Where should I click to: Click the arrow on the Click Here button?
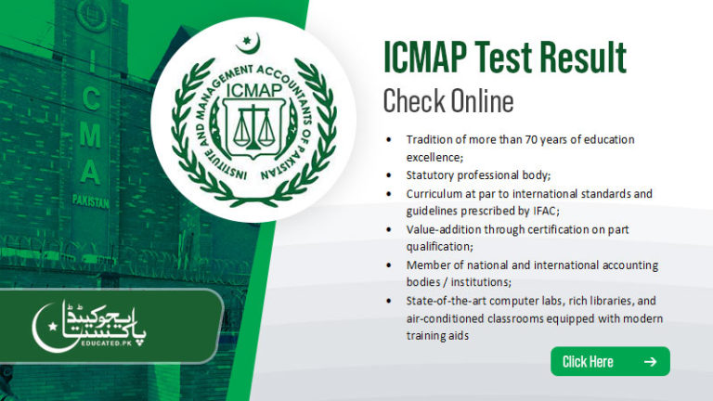coord(650,361)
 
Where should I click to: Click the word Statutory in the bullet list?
coord(434,175)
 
